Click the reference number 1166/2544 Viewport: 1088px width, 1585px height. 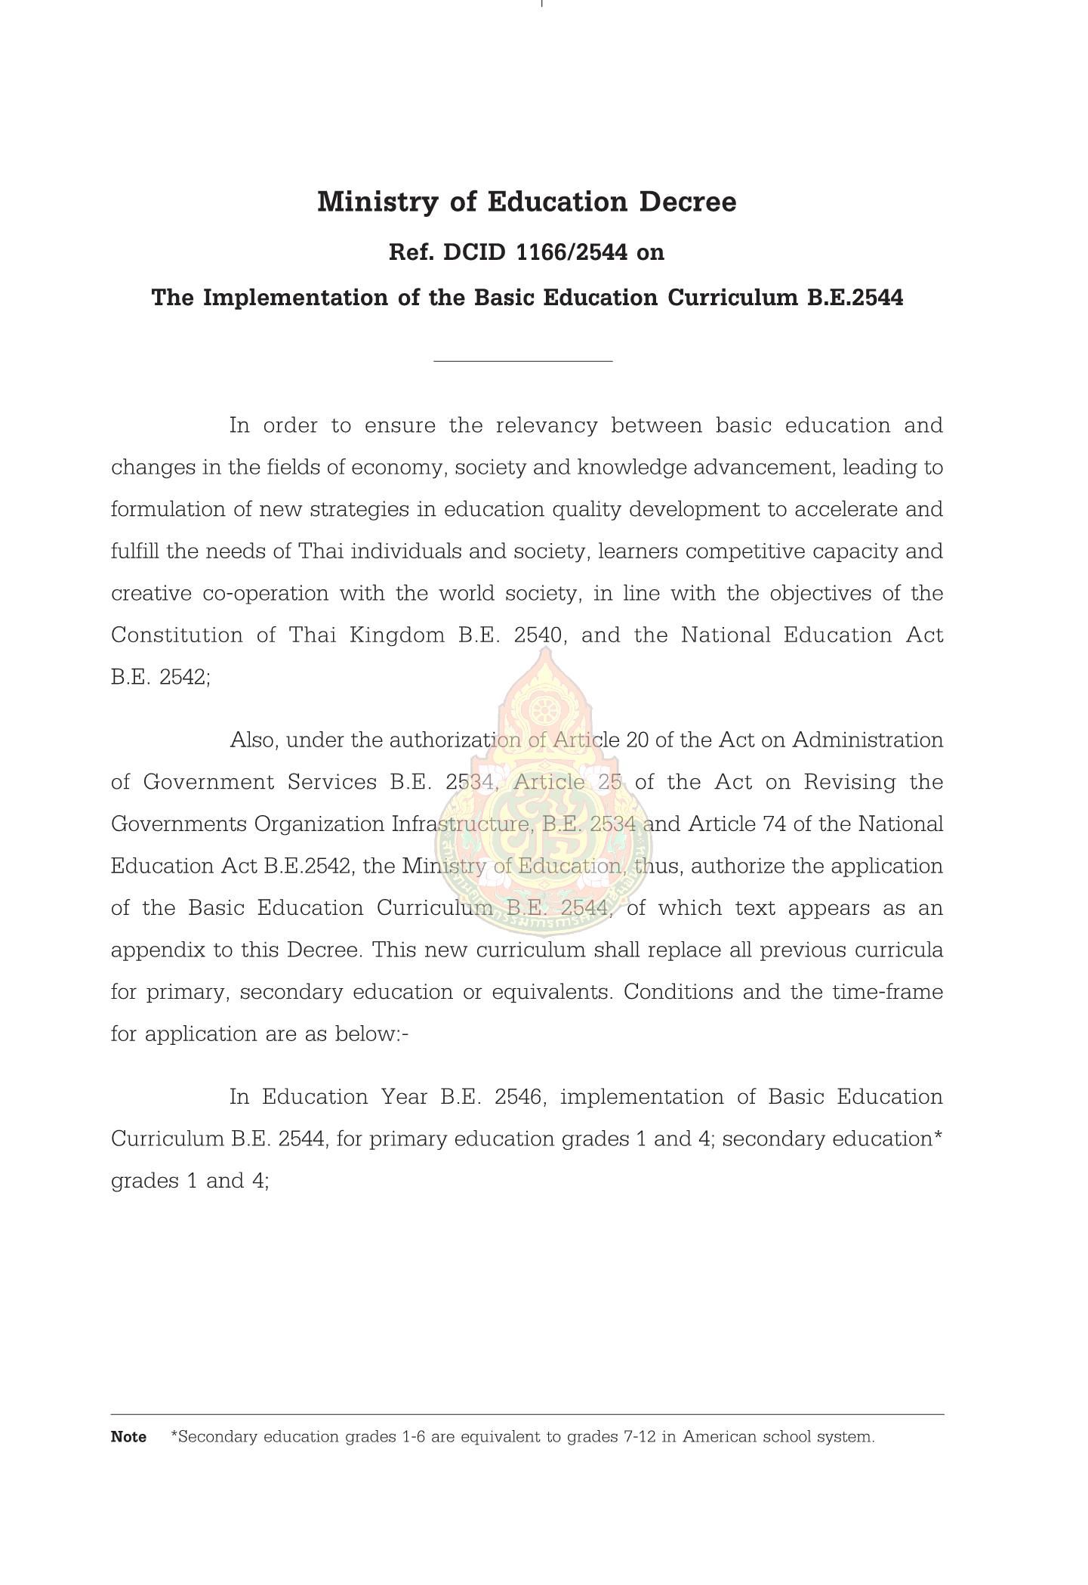point(571,252)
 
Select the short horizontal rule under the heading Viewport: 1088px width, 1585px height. point(522,361)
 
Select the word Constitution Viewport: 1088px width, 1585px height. point(177,635)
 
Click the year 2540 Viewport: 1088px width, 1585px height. point(538,635)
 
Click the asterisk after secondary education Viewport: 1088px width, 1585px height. point(939,1135)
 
